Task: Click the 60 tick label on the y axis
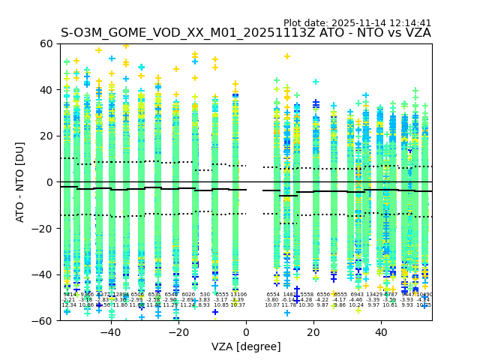pyautogui.click(x=46, y=43)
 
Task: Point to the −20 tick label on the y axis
pyautogui.click(x=43, y=228)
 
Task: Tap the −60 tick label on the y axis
pyautogui.click(x=43, y=320)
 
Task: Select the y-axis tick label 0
pyautogui.click(x=49, y=182)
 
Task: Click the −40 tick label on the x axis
pyautogui.click(x=110, y=332)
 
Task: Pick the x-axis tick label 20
pyautogui.click(x=315, y=332)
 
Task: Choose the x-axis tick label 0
pyautogui.click(x=246, y=332)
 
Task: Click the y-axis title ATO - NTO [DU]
pyautogui.click(x=21, y=182)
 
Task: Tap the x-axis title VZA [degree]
pyautogui.click(x=246, y=346)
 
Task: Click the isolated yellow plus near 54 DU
pyautogui.click(x=287, y=56)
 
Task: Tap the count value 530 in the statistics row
pyautogui.click(x=205, y=295)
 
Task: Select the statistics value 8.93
pyautogui.click(x=204, y=305)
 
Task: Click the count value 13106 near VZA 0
pyautogui.click(x=238, y=295)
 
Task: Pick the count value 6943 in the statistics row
pyautogui.click(x=356, y=295)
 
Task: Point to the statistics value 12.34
pyautogui.click(x=69, y=305)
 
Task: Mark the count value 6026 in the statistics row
pyautogui.click(x=188, y=295)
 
